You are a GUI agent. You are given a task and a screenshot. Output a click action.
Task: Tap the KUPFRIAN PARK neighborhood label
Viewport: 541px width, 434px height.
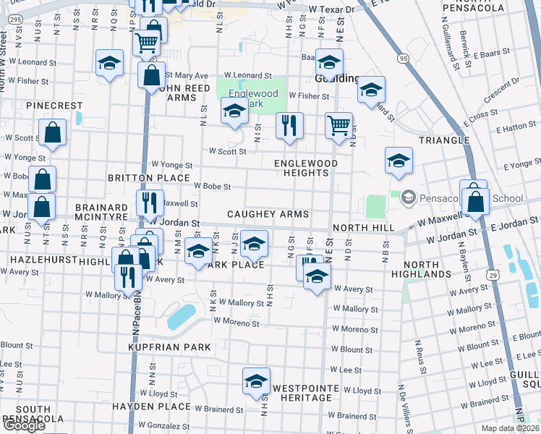pos(169,347)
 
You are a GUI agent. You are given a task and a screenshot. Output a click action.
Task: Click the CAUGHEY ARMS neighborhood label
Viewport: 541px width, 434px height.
pos(268,214)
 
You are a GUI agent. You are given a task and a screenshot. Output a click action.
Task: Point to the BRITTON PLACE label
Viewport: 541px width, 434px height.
pos(148,177)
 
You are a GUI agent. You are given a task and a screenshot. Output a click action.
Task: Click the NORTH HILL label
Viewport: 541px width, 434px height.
pos(363,228)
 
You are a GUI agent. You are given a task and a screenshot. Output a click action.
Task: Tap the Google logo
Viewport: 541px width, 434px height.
pos(24,425)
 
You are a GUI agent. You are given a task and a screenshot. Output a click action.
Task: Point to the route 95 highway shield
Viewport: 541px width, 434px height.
pos(403,57)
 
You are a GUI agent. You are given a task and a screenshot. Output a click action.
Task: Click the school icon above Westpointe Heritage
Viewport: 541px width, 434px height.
pos(255,380)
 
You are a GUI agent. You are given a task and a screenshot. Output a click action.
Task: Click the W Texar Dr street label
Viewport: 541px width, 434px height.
pos(331,9)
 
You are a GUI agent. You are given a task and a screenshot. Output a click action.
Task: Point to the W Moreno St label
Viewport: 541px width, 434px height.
pos(236,321)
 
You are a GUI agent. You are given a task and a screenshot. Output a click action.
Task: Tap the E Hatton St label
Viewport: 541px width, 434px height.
pos(516,127)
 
